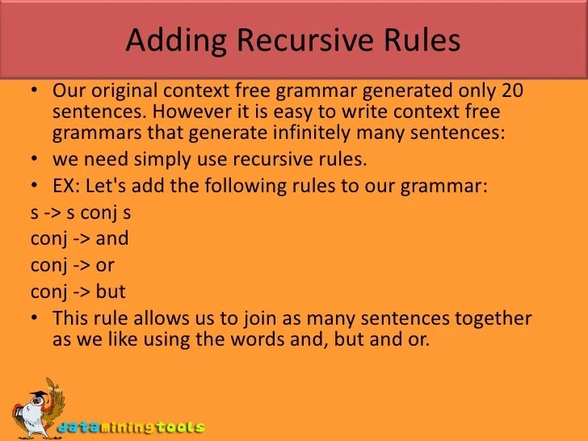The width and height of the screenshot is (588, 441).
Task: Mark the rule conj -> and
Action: click(x=79, y=239)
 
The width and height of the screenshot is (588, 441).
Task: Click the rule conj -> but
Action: click(x=78, y=291)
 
